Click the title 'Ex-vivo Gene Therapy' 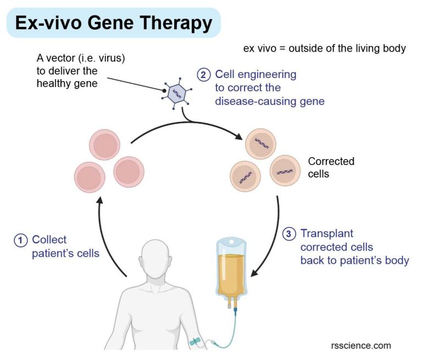click(113, 23)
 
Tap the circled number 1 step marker click(21, 240)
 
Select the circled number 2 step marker click(204, 74)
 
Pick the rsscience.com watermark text click(361, 345)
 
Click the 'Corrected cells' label click(331, 168)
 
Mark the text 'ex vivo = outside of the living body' click(324, 48)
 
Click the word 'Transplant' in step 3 click(326, 234)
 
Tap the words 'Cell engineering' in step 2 click(256, 74)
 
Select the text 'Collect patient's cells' click(65, 246)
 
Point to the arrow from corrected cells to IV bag click(273, 236)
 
